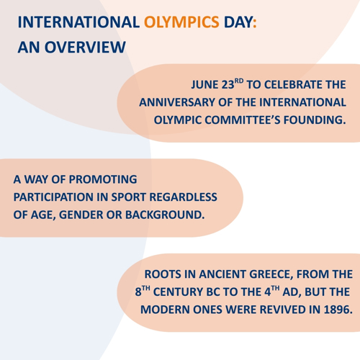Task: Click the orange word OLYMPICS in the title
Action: tap(181, 22)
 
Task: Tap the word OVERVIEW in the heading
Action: tap(85, 47)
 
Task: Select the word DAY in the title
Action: tap(238, 22)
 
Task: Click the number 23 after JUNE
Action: tap(228, 85)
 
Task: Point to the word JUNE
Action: tap(204, 85)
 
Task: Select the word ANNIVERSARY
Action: tap(177, 102)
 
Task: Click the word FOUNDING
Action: tap(315, 120)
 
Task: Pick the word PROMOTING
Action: tap(103, 179)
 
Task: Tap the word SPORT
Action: tap(129, 197)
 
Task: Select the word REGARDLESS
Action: tap(184, 197)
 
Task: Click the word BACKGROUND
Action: tap(165, 215)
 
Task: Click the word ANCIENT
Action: tap(222, 274)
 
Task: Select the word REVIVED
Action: tap(283, 310)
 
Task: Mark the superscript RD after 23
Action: tap(239, 81)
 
